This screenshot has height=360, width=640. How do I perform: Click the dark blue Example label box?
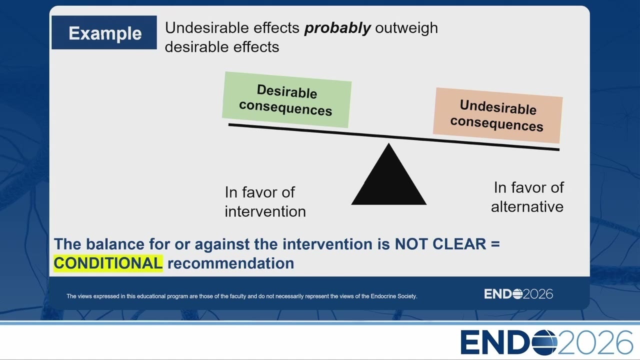click(x=104, y=32)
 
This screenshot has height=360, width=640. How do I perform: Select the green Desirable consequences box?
click(x=287, y=99)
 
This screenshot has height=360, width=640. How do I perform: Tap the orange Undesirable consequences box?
click(x=497, y=115)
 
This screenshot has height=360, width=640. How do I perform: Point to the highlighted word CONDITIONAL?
click(x=108, y=263)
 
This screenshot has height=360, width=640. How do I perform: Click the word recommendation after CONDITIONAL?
click(x=231, y=263)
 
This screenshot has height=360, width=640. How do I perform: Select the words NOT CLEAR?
click(x=440, y=244)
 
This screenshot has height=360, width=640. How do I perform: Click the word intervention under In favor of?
click(x=265, y=211)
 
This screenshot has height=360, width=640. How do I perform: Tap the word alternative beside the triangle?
click(x=527, y=207)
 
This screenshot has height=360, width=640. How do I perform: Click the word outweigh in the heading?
click(x=406, y=28)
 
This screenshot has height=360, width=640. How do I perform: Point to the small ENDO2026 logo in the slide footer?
click(x=518, y=294)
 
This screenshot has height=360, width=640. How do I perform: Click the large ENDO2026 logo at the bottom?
click(x=546, y=342)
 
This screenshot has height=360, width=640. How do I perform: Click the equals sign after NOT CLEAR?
click(x=495, y=243)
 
